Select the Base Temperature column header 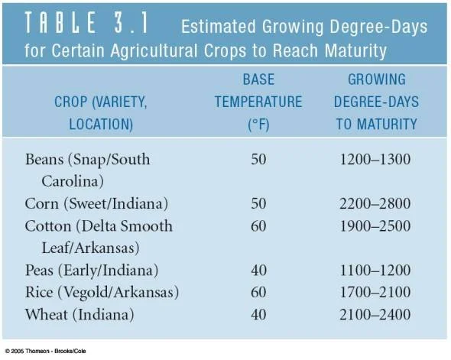point(258,101)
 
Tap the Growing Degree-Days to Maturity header point(376,101)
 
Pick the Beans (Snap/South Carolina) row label point(87,170)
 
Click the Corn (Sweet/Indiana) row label point(96,204)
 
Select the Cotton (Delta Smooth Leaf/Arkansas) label point(99,237)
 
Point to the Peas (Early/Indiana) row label point(91,271)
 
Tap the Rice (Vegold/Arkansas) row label point(102,293)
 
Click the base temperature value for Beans point(258,160)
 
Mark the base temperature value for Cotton point(258,226)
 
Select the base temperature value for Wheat point(258,315)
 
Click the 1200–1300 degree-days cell point(376,160)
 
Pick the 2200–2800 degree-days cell point(376,204)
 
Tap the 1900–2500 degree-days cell point(376,226)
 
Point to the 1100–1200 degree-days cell point(376,271)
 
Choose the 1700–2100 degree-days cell point(376,293)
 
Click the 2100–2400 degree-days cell point(376,315)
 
